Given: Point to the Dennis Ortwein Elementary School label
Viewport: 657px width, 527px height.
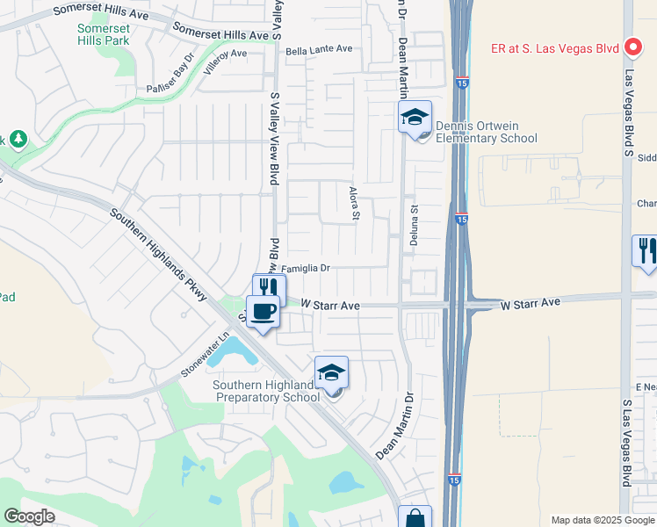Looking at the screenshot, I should (486, 132).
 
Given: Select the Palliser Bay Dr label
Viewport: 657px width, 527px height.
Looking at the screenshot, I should (170, 75).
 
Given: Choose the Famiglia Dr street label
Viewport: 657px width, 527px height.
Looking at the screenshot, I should (305, 268).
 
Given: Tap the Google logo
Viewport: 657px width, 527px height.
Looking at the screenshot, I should (30, 516).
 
